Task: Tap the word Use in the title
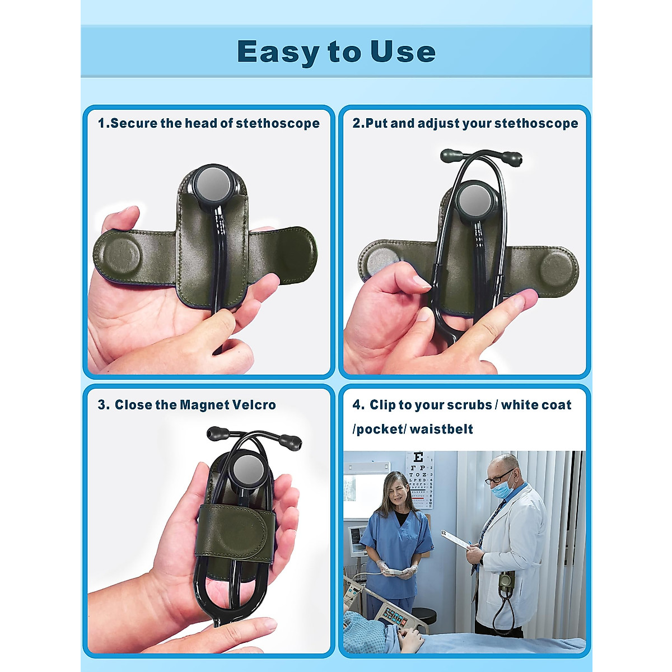403,52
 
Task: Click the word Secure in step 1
134,123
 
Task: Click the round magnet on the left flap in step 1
122,255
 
